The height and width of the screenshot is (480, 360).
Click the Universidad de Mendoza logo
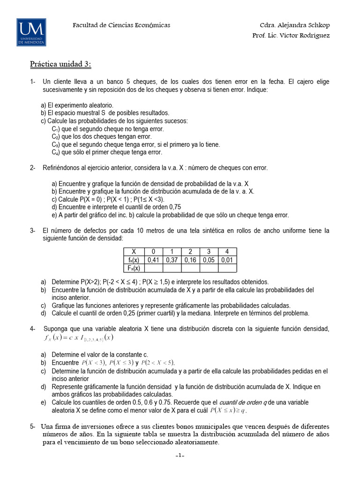pos(31,32)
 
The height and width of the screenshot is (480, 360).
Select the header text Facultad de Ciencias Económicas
pos(121,25)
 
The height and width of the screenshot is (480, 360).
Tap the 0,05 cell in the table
pos(209,260)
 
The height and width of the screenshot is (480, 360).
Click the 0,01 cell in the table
pos(227,260)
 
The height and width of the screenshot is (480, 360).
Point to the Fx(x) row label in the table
pos(134,268)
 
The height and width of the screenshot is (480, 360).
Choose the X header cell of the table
pos(134,252)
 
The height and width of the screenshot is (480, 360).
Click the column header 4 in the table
pos(227,252)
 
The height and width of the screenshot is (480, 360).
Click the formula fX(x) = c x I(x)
pos(75,337)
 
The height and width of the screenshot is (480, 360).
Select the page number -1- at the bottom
pos(180,456)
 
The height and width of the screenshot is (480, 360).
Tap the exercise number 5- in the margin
pos(33,427)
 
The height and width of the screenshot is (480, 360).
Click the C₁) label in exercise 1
pos(56,129)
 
